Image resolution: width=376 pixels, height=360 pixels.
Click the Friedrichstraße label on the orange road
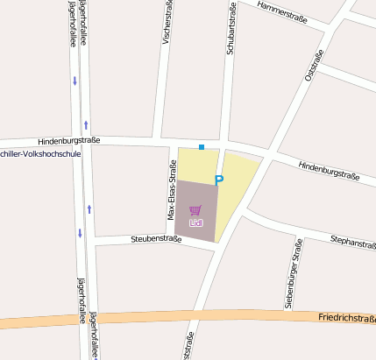click(x=347, y=318)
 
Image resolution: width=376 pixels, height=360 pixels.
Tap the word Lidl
click(x=195, y=223)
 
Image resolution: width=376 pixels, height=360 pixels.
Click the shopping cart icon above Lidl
click(x=195, y=211)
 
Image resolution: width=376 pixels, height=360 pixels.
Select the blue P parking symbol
click(x=219, y=180)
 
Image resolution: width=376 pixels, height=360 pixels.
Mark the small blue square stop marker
click(x=201, y=146)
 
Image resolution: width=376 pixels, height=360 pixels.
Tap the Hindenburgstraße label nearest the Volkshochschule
click(x=69, y=140)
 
